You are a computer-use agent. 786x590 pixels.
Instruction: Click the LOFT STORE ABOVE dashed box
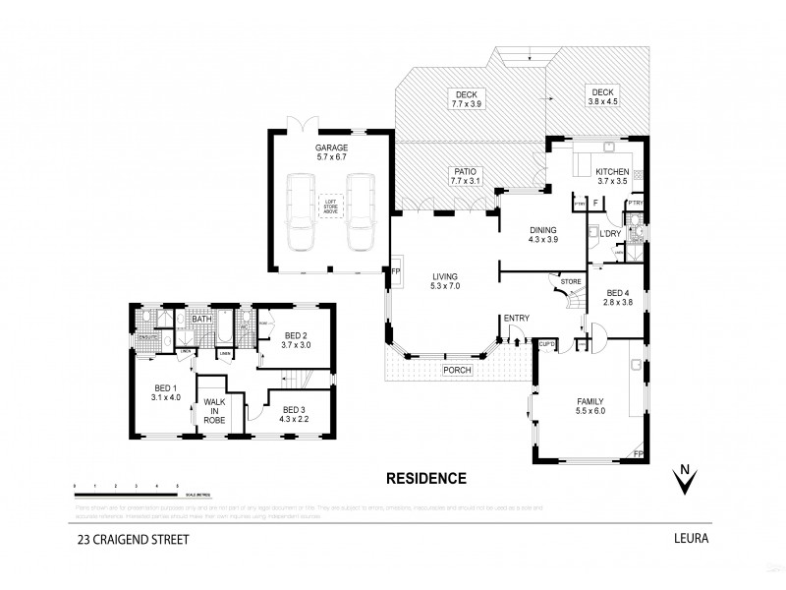click(329, 206)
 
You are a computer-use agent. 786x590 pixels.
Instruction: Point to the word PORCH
click(457, 370)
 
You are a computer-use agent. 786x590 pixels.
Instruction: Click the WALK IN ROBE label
click(214, 411)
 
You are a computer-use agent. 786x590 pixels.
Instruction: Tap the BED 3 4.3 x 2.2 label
click(295, 415)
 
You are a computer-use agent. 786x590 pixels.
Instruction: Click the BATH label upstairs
click(202, 320)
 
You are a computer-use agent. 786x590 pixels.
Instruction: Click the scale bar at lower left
click(126, 488)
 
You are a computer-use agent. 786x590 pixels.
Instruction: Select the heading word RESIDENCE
click(423, 479)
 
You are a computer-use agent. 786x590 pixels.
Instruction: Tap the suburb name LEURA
click(692, 539)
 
